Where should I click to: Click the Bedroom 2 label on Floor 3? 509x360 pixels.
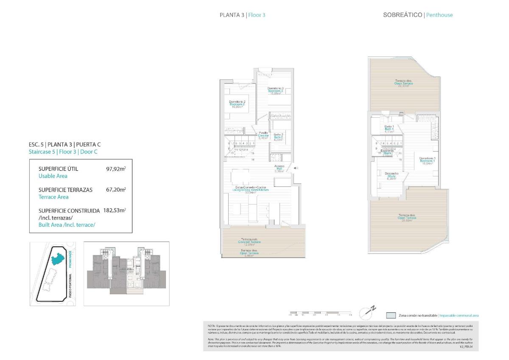tap(238, 104)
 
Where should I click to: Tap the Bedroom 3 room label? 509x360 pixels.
tap(275, 91)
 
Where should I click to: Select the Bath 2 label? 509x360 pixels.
tap(278, 137)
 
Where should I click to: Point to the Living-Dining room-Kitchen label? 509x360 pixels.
tap(252, 190)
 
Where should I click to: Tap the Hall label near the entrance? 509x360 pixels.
tap(279, 169)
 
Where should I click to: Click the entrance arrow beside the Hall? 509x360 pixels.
tap(296, 169)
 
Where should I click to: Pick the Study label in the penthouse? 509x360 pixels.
tap(391, 176)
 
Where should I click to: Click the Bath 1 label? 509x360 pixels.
tap(389, 129)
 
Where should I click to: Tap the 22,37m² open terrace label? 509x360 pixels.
tap(403, 83)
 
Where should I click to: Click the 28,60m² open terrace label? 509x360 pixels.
tap(407, 218)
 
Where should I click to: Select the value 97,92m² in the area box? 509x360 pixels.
tap(116, 169)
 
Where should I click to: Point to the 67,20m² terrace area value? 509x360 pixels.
tap(116, 190)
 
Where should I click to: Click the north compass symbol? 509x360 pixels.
tap(367, 312)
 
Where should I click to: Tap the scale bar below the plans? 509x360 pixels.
tap(320, 314)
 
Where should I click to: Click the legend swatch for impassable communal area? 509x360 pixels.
tap(391, 315)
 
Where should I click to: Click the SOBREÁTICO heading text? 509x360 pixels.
tap(403, 15)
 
